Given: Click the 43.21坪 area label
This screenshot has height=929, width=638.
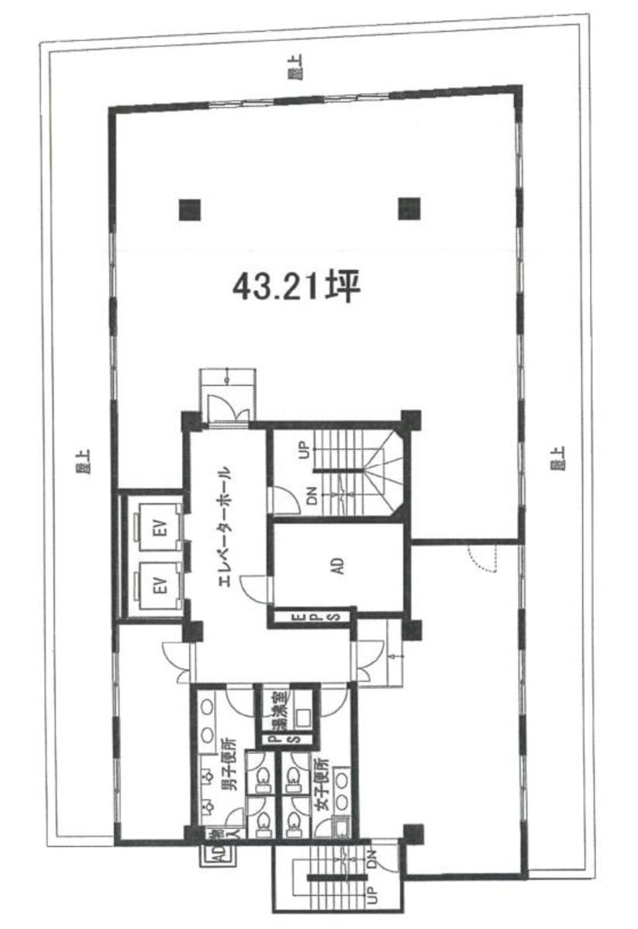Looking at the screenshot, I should (x=297, y=288).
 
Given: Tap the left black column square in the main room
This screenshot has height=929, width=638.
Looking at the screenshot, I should (x=189, y=209).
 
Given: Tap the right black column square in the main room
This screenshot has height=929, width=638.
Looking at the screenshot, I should (x=409, y=208).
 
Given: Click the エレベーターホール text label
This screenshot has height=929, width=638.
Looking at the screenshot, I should (x=225, y=527).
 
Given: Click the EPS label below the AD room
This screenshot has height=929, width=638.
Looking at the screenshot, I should (x=315, y=618).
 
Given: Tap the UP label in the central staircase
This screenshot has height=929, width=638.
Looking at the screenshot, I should (x=305, y=450).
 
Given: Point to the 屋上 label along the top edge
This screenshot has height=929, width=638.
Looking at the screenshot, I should (x=294, y=73).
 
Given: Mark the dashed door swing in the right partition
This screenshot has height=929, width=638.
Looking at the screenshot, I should (x=481, y=556).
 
